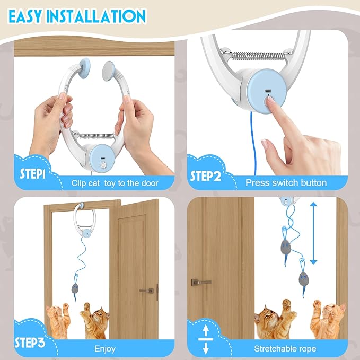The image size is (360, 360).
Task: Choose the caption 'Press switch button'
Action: coord(286,183)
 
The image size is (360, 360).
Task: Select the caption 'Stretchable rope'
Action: coord(285,349)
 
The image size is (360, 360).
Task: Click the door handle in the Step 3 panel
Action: coord(146,291)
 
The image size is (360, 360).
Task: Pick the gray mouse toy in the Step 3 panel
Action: coord(75,288)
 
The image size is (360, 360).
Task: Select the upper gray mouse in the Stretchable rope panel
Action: coord(286,246)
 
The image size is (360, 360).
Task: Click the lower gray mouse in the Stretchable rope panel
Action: coord(304,278)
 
